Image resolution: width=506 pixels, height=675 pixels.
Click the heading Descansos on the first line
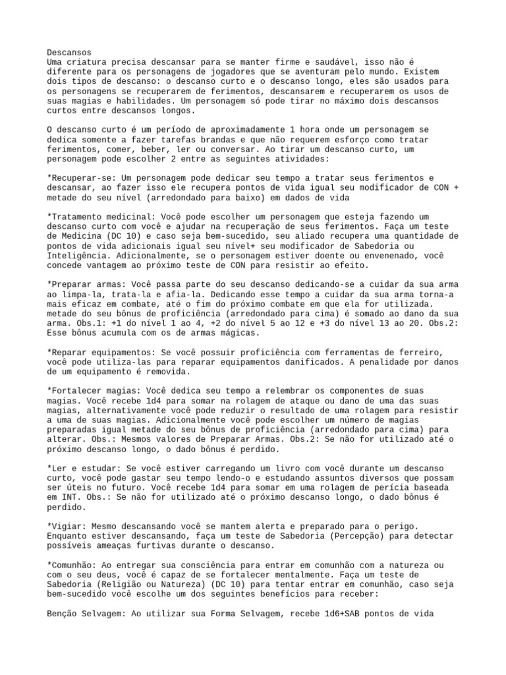(69, 52)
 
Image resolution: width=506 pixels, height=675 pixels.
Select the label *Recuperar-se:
(82, 179)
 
